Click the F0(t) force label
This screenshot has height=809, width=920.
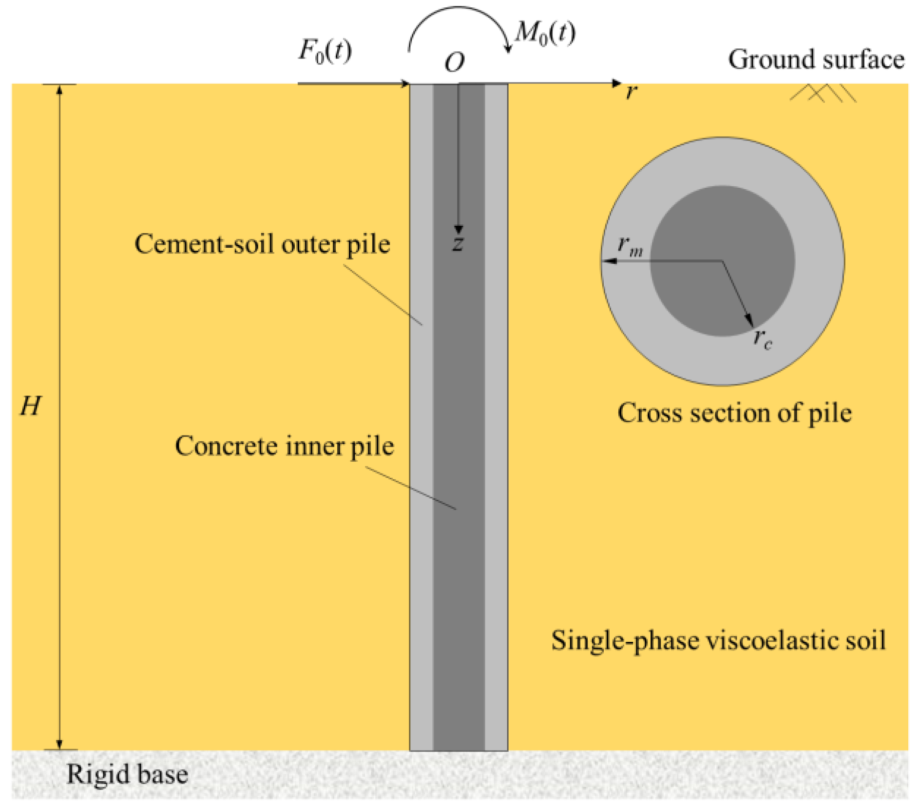click(325, 50)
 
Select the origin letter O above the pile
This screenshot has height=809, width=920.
click(454, 63)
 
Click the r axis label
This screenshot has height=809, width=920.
click(632, 91)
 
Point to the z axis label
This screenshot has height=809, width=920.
click(458, 243)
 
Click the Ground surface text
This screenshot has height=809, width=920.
click(816, 59)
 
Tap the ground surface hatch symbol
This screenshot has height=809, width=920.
click(823, 93)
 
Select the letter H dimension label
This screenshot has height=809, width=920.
click(30, 406)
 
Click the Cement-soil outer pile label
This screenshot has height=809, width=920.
click(262, 244)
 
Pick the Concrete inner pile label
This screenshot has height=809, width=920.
click(284, 446)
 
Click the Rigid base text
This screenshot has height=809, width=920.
click(127, 774)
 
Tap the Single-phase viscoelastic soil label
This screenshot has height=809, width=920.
click(718, 640)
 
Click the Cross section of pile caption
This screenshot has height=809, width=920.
click(734, 413)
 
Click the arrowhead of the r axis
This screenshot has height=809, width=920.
click(617, 83)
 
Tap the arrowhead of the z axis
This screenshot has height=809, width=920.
click(458, 229)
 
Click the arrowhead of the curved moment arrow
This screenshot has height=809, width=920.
click(509, 49)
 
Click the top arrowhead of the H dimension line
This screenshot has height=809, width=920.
click(59, 89)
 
